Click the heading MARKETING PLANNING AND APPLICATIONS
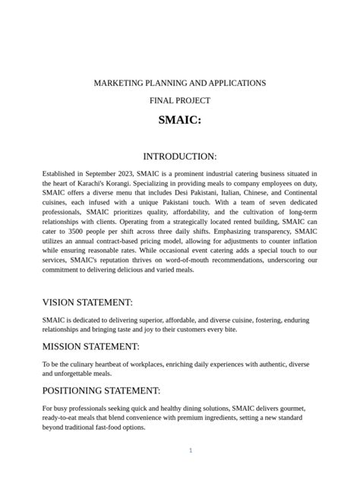click(x=179, y=82)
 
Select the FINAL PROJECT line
click(x=179, y=100)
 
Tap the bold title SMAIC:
click(x=179, y=121)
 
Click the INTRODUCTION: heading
click(x=179, y=156)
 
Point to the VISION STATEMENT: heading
click(x=87, y=302)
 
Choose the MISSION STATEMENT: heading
click(x=90, y=346)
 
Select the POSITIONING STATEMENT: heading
click(x=101, y=391)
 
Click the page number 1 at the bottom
click(x=191, y=450)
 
